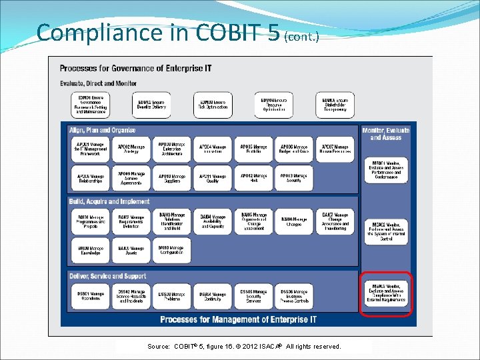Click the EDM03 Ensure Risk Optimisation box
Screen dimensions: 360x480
click(213, 105)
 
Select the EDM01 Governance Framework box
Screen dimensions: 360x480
click(91, 105)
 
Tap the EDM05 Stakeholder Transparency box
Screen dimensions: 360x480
click(335, 105)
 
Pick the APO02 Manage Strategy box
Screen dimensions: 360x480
click(131, 149)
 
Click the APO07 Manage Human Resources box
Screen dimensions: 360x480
click(335, 149)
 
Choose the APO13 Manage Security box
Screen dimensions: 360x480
click(294, 178)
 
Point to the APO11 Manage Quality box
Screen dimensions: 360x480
click(213, 178)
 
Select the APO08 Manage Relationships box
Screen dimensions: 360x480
click(91, 178)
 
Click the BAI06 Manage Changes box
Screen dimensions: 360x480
click(294, 221)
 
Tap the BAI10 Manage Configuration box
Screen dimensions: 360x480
click(172, 250)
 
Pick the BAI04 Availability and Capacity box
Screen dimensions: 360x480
click(213, 221)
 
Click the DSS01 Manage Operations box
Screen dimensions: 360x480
click(91, 296)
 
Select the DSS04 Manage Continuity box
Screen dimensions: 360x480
click(213, 296)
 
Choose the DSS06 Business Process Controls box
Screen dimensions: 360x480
click(294, 296)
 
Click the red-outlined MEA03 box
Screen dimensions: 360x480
click(387, 294)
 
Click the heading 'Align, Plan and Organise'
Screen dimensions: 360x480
click(102, 130)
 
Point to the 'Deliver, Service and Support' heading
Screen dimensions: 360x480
click(107, 276)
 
